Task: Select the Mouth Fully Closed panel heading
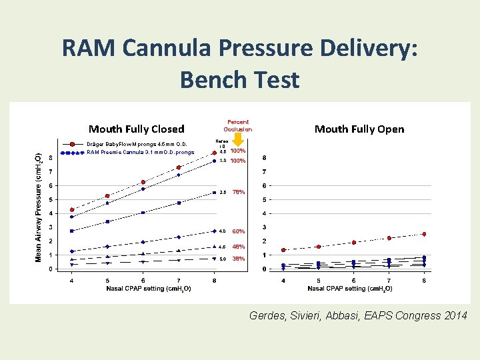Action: pos(136,129)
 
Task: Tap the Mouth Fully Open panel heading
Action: pos(359,129)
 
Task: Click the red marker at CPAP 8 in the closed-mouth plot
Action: pos(214,153)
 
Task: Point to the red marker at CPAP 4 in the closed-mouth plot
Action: pos(72,210)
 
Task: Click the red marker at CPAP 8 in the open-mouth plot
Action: pos(424,234)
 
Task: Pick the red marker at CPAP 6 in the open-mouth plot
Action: pos(353,242)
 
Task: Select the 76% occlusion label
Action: pos(238,192)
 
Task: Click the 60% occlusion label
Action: pos(238,232)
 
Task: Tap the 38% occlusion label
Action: pos(238,259)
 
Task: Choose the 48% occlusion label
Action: pos(238,247)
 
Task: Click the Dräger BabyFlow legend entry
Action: pos(140,144)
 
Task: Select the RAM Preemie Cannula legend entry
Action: pos(140,152)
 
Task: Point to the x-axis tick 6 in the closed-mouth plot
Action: pos(143,280)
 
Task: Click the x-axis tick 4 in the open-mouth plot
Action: pos(283,280)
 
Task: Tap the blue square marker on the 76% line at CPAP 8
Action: pos(214,193)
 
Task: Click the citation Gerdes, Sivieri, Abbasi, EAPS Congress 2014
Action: pos(358,315)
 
